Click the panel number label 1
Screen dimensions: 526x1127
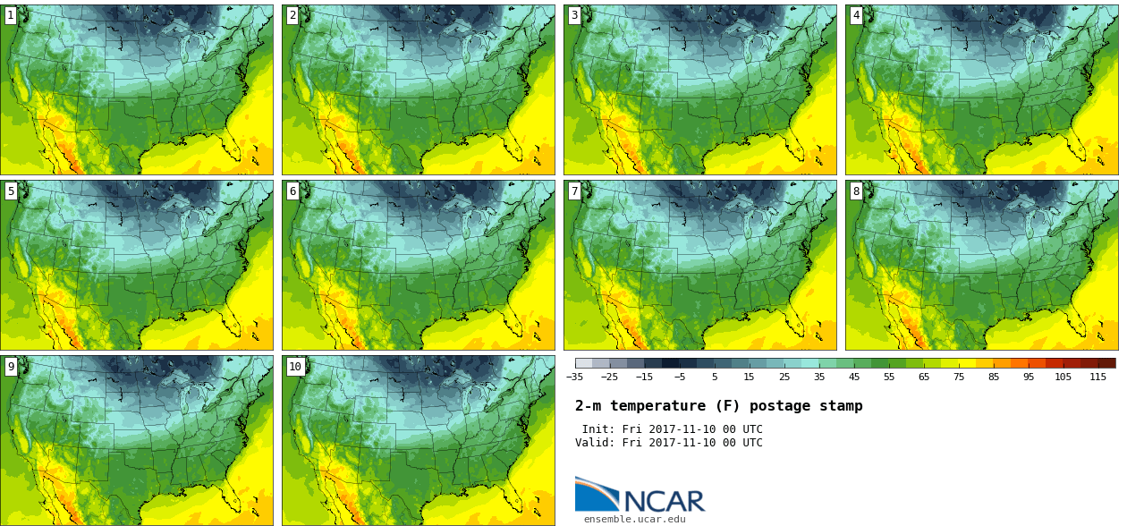(x=11, y=15)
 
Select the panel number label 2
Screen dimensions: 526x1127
(x=292, y=15)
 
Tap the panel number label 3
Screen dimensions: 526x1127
(x=574, y=15)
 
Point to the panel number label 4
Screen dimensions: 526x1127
(x=856, y=15)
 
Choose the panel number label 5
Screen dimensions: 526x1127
(x=11, y=191)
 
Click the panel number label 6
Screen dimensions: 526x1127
(x=292, y=191)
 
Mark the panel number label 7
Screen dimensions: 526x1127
(x=574, y=191)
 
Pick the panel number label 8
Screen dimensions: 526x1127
(x=856, y=191)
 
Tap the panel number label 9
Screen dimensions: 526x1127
(x=11, y=366)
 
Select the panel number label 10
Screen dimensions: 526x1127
(x=295, y=366)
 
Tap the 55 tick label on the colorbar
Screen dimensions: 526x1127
(x=889, y=378)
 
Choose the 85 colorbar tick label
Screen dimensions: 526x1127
(x=994, y=378)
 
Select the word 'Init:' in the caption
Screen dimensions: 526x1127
(x=599, y=429)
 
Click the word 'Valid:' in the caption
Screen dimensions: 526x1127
(x=596, y=443)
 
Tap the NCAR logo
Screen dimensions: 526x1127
(x=640, y=496)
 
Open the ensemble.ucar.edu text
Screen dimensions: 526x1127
(x=634, y=519)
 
